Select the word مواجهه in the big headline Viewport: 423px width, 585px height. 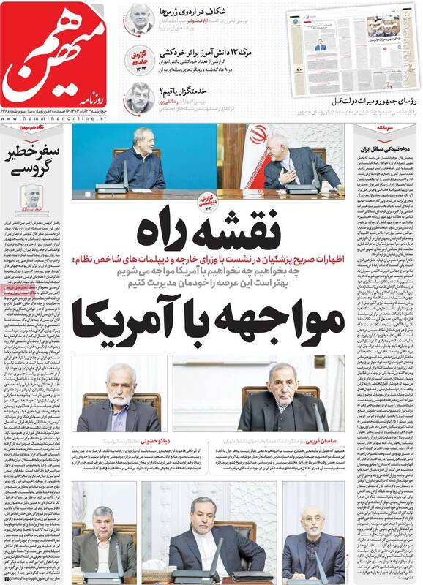pos(281,318)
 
